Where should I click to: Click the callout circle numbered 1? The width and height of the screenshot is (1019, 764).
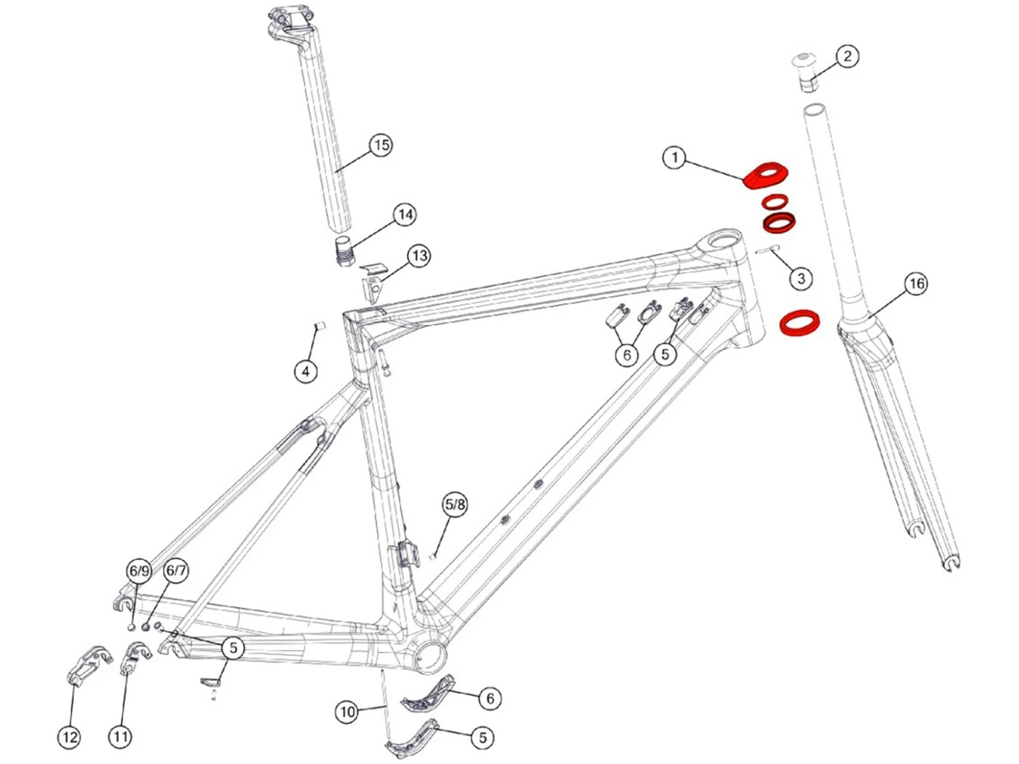(x=674, y=158)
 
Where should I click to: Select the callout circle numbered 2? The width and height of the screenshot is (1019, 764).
(x=846, y=56)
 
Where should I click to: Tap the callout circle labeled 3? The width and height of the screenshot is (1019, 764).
(x=801, y=278)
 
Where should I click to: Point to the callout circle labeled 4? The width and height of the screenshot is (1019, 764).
(x=306, y=371)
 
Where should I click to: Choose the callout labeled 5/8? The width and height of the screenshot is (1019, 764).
(x=454, y=505)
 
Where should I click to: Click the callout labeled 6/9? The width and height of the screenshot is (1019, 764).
(x=139, y=570)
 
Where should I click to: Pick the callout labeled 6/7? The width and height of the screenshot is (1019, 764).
(x=176, y=570)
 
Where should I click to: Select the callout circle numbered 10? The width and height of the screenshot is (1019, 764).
(x=347, y=712)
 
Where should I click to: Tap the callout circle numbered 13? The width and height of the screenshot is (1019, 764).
(x=419, y=256)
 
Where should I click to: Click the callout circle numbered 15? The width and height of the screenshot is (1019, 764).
(x=381, y=145)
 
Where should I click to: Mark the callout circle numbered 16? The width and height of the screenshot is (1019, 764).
(x=916, y=283)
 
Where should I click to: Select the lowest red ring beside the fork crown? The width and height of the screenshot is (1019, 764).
(x=800, y=323)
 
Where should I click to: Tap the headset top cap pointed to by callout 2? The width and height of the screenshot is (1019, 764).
(x=807, y=71)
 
